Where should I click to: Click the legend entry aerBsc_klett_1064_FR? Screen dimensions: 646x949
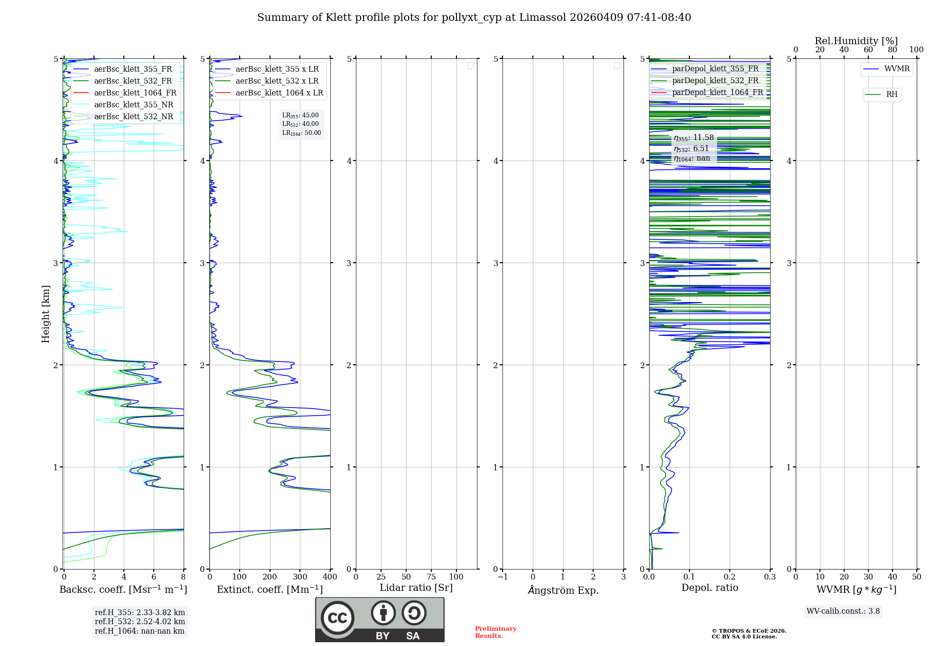point(135,93)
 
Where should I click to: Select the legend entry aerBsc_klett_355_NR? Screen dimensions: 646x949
point(134,105)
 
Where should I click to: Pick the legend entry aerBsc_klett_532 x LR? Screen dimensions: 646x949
point(277,81)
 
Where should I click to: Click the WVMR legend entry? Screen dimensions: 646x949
point(897,69)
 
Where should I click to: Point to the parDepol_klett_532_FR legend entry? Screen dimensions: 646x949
point(715,81)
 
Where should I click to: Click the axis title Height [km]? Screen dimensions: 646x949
point(46,314)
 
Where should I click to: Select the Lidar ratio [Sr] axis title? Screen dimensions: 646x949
point(416,588)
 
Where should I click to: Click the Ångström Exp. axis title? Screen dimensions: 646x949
point(563,590)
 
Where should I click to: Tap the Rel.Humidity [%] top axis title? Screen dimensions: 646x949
point(856,41)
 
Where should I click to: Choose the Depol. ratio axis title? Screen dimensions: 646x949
point(709,588)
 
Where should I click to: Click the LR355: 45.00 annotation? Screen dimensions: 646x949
point(300,115)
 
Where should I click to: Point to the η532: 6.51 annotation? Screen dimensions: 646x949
point(691,149)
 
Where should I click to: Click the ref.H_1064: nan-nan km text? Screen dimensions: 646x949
point(140,631)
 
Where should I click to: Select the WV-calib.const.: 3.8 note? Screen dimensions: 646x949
point(843,611)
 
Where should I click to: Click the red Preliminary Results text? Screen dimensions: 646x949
point(495,632)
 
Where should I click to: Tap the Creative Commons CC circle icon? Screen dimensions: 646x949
point(337,618)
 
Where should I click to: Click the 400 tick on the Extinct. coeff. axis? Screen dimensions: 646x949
point(330,577)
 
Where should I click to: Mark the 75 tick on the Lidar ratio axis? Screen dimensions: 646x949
point(431,577)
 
